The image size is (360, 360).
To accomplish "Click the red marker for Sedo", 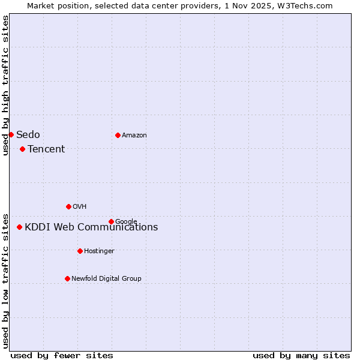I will click(x=11, y=134).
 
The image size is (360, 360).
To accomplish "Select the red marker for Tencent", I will click(x=22, y=149).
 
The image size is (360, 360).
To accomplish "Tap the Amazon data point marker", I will click(x=118, y=135).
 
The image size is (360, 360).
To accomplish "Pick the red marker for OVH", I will click(x=68, y=206).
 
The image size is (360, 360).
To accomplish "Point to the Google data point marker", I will click(x=111, y=221).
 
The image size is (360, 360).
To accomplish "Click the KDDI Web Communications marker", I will click(x=19, y=227).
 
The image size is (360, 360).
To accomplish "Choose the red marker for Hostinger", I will click(x=80, y=251).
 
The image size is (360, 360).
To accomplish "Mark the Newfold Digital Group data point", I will click(x=67, y=278).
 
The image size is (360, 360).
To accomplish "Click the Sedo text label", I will click(x=28, y=134).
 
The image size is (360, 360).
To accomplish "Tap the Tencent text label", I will click(x=46, y=149).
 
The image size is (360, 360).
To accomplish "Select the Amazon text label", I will click(x=134, y=135).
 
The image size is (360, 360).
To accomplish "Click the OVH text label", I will click(x=80, y=206).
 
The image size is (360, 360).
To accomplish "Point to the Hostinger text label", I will click(x=99, y=251).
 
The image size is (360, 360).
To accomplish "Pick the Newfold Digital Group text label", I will click(x=106, y=278).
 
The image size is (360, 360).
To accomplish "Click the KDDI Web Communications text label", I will click(x=91, y=227).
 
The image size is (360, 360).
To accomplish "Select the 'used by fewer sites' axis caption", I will click(x=62, y=355).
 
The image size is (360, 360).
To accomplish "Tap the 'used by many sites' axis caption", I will click(x=301, y=355).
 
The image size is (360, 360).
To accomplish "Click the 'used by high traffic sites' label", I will click(x=5, y=85).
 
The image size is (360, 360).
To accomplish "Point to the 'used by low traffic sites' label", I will click(x=5, y=280).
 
